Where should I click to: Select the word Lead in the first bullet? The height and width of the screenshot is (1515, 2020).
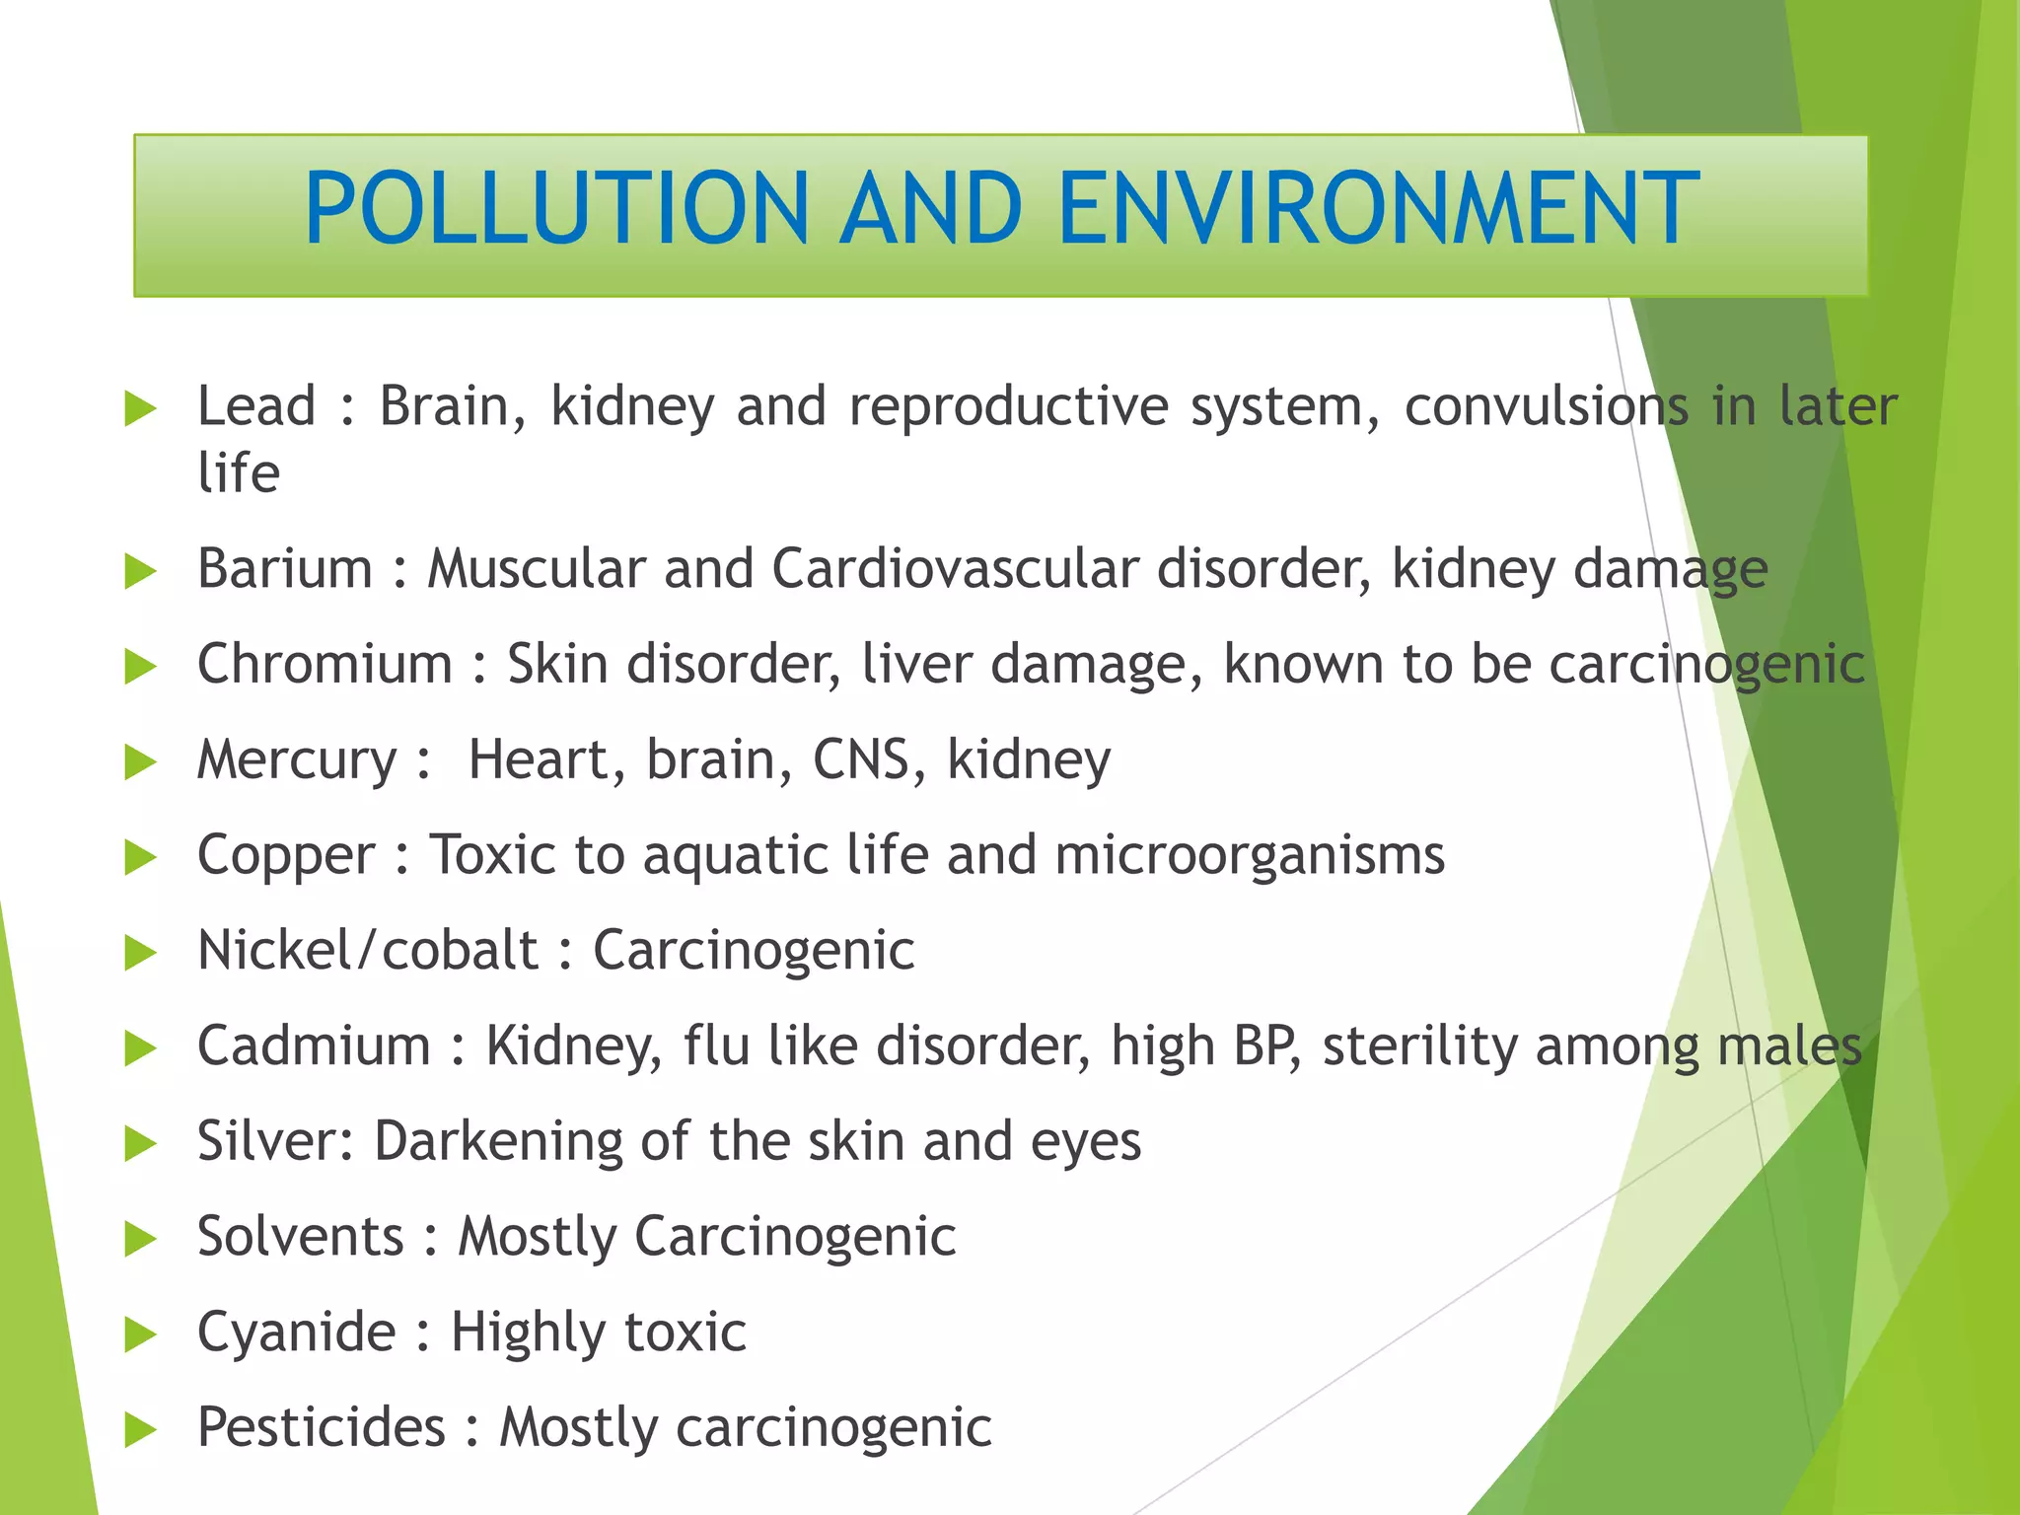pyautogui.click(x=256, y=406)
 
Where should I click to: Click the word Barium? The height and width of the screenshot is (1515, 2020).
pyautogui.click(x=285, y=569)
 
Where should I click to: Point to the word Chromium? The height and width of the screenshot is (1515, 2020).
pyautogui.click(x=325, y=664)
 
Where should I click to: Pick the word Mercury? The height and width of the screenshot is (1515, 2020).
pyautogui.click(x=297, y=760)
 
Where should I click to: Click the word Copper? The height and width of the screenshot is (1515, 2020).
pyautogui.click(x=286, y=855)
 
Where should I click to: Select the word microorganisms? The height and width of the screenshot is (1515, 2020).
pyautogui.click(x=1249, y=854)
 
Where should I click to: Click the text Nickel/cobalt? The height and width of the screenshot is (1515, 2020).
pyautogui.click(x=368, y=950)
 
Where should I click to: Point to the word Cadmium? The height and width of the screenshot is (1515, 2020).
pyautogui.click(x=314, y=1046)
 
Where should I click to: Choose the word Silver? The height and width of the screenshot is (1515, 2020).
pyautogui.click(x=271, y=1141)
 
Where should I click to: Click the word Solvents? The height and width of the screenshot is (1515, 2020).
pyautogui.click(x=301, y=1236)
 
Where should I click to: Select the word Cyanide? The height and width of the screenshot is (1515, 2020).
pyautogui.click(x=296, y=1333)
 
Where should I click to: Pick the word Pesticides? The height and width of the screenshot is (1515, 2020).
pyautogui.click(x=322, y=1427)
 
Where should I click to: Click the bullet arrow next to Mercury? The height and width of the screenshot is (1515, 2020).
pyautogui.click(x=141, y=762)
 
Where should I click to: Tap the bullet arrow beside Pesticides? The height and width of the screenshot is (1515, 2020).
pyautogui.click(x=141, y=1430)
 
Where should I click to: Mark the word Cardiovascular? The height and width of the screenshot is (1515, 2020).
pyautogui.click(x=954, y=569)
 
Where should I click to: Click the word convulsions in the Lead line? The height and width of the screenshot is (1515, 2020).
pyautogui.click(x=1546, y=406)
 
